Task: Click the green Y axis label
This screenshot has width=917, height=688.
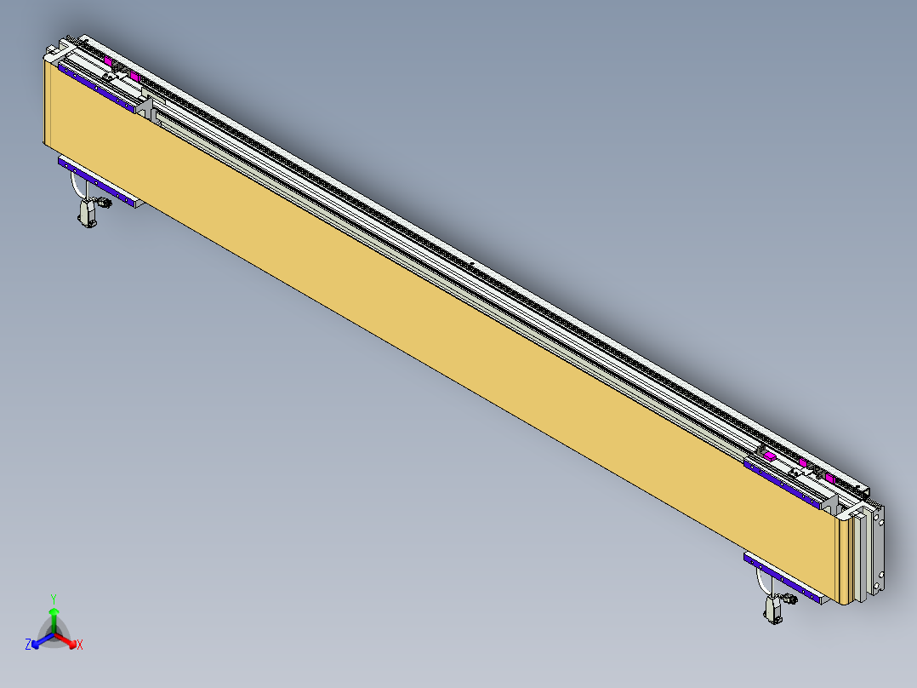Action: (53, 599)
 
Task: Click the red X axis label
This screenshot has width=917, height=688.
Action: (80, 645)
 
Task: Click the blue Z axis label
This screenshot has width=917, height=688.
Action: (28, 645)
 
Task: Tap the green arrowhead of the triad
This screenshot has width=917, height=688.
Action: (54, 611)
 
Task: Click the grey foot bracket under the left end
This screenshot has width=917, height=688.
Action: (87, 212)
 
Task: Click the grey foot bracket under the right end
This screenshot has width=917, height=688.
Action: (774, 611)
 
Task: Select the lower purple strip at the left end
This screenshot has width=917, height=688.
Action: (98, 182)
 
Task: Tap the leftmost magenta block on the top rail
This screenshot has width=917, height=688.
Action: (111, 61)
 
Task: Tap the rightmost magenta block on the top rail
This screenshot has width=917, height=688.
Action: (829, 479)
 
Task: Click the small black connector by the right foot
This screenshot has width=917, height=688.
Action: (791, 599)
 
